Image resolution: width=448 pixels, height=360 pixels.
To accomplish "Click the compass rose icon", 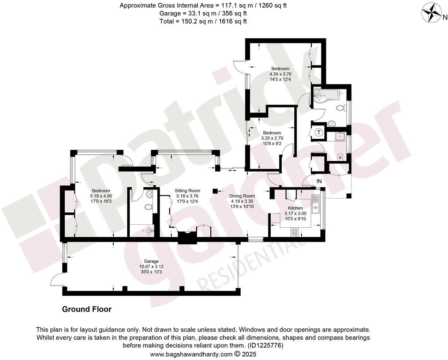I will (432, 13).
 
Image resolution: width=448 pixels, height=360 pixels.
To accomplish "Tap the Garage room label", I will (151, 261).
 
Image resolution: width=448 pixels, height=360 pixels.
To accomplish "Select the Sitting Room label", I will (187, 191).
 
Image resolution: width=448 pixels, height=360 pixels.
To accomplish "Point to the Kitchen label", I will (295, 208).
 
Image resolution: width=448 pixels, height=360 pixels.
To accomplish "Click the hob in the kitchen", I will (295, 232).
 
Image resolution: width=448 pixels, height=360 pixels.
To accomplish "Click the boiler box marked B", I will (340, 157).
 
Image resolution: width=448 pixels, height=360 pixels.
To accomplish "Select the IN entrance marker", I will (319, 181).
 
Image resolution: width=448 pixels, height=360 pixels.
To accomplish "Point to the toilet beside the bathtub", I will (340, 109).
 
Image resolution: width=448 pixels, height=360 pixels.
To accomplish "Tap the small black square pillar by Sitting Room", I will (215, 191).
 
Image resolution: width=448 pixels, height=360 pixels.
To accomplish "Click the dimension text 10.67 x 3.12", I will (151, 267).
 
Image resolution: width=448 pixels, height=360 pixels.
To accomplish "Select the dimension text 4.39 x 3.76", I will (280, 74).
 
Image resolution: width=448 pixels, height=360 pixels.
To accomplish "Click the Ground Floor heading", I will (87, 310).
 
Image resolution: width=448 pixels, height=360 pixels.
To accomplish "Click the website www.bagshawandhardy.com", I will (191, 354).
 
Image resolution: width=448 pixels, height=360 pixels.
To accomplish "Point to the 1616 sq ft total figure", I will (230, 21).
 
